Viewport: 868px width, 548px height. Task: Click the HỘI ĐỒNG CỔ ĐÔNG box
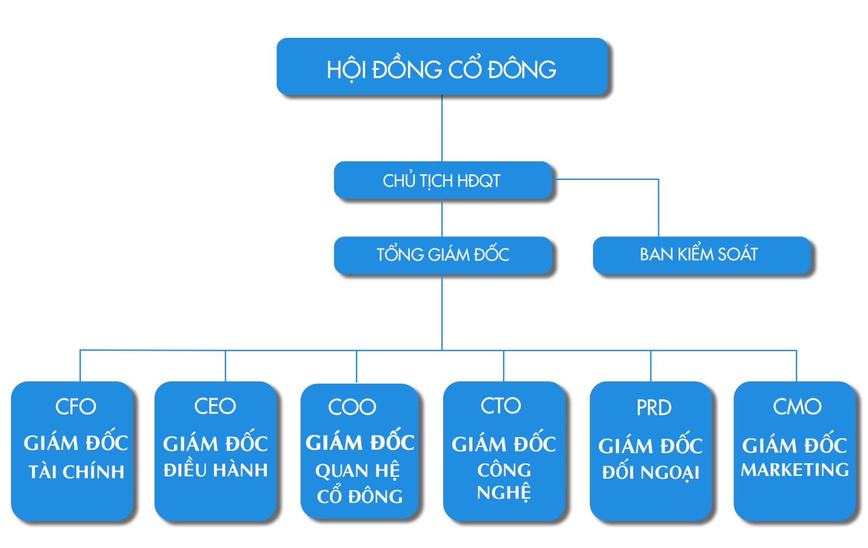tap(442, 67)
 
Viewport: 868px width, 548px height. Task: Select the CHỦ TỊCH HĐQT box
tap(442, 180)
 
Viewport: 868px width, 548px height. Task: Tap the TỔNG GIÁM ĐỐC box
tap(442, 255)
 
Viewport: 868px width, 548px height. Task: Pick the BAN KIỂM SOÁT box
tap(700, 255)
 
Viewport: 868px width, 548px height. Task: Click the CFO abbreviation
tap(76, 407)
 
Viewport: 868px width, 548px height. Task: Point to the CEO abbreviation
tap(215, 407)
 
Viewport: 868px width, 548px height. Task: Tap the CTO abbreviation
tap(501, 405)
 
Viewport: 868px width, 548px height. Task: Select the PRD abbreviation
tap(654, 408)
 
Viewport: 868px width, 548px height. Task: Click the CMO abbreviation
tap(797, 407)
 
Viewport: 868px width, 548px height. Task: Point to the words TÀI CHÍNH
tap(76, 472)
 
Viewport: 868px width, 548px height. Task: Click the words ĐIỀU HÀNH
tap(215, 470)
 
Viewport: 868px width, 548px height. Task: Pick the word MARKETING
tap(795, 469)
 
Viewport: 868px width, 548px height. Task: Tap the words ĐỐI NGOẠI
tap(650, 473)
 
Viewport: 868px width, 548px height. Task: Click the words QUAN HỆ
tap(358, 470)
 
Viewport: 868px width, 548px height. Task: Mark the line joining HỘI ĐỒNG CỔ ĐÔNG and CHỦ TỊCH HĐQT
tap(442, 128)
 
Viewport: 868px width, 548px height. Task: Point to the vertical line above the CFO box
tap(80, 366)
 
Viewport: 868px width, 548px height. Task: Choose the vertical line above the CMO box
tap(796, 366)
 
